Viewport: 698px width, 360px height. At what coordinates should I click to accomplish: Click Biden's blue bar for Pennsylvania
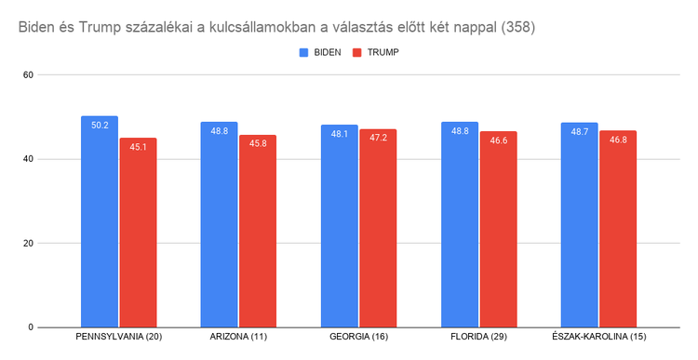[100, 223]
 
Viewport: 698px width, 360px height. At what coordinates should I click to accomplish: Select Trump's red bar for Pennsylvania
[138, 233]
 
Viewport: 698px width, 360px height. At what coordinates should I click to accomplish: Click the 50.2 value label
[100, 125]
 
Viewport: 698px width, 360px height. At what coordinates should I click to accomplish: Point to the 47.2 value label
[378, 138]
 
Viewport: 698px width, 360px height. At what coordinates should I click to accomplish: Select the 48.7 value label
[580, 131]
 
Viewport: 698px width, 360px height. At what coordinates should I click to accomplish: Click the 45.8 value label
[258, 143]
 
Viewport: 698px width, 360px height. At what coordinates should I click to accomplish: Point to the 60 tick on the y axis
[29, 74]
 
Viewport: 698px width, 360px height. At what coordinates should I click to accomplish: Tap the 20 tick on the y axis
[29, 244]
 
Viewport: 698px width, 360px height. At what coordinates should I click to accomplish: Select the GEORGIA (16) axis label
[359, 336]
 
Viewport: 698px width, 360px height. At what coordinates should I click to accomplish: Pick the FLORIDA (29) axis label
[478, 336]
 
